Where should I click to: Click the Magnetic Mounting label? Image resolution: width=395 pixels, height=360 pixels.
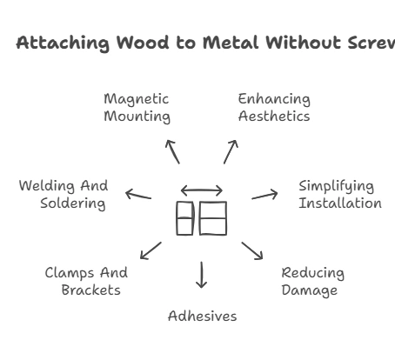coord(137,108)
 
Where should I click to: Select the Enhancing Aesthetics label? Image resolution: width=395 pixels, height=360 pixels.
coord(274,108)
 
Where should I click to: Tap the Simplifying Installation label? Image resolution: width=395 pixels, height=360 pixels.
coord(339,195)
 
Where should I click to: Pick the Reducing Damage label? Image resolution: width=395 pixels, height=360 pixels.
coord(312,282)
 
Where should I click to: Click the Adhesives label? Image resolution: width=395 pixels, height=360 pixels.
coord(202,316)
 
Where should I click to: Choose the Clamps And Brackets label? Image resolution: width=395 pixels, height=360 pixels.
coord(86,282)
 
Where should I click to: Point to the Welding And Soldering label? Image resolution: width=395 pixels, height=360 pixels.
coord(64,195)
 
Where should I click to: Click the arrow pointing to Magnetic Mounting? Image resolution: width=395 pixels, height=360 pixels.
coord(172,150)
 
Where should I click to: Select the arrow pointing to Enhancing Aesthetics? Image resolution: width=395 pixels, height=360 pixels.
coord(231,150)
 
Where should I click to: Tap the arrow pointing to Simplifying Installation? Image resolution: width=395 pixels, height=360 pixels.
coord(264,195)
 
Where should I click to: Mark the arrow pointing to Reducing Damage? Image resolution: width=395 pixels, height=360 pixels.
coord(252,250)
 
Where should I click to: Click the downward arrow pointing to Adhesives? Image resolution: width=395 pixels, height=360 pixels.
coord(202,274)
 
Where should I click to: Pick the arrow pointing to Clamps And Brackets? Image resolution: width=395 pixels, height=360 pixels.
coord(151,250)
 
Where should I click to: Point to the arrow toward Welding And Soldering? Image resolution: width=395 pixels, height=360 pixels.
coord(137,195)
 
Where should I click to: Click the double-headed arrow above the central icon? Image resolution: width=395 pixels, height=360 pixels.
coord(201,190)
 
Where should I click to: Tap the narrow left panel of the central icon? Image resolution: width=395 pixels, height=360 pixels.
coord(184,218)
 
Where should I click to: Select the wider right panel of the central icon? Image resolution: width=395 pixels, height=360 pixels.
coord(213,218)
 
